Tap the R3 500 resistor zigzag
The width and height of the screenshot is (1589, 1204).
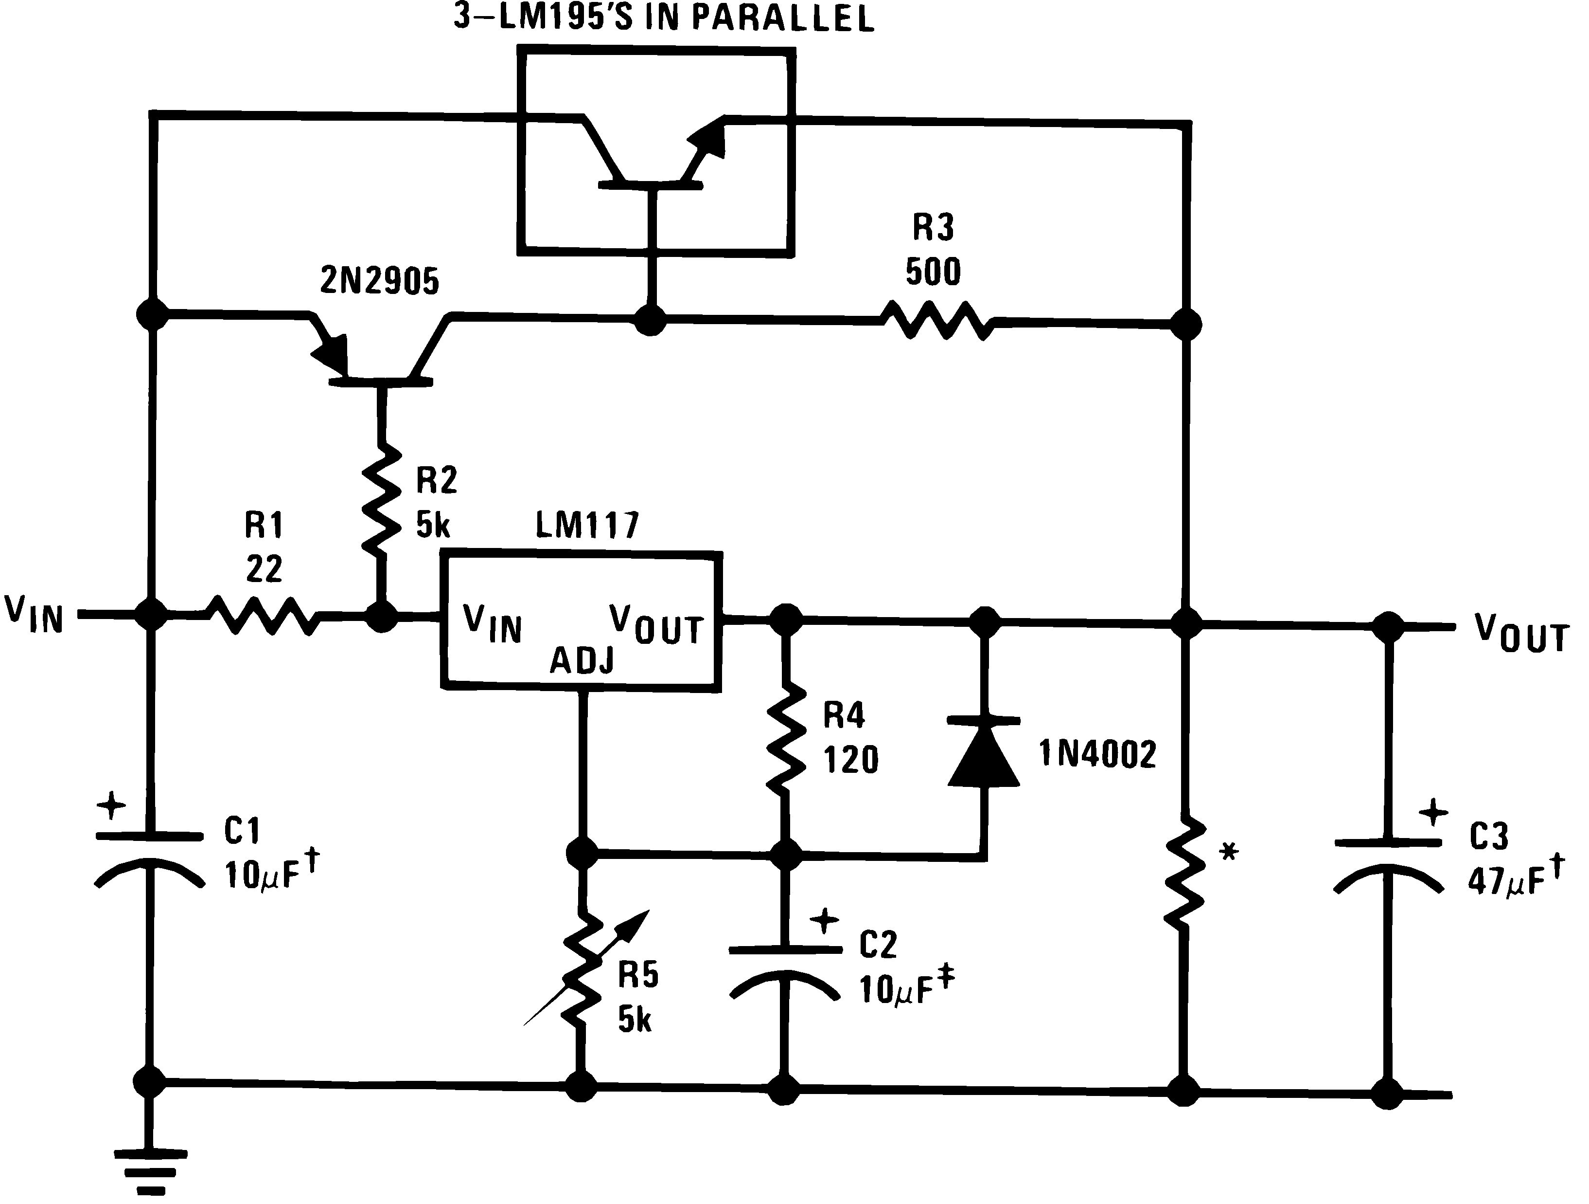point(938,321)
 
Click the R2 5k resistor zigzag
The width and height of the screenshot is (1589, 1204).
point(381,500)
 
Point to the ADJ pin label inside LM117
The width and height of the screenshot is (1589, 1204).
point(582,660)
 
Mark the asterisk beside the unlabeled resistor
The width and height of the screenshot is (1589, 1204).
point(1229,853)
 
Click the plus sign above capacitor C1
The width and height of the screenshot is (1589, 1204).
point(111,806)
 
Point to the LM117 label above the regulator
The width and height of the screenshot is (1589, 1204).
point(587,526)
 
